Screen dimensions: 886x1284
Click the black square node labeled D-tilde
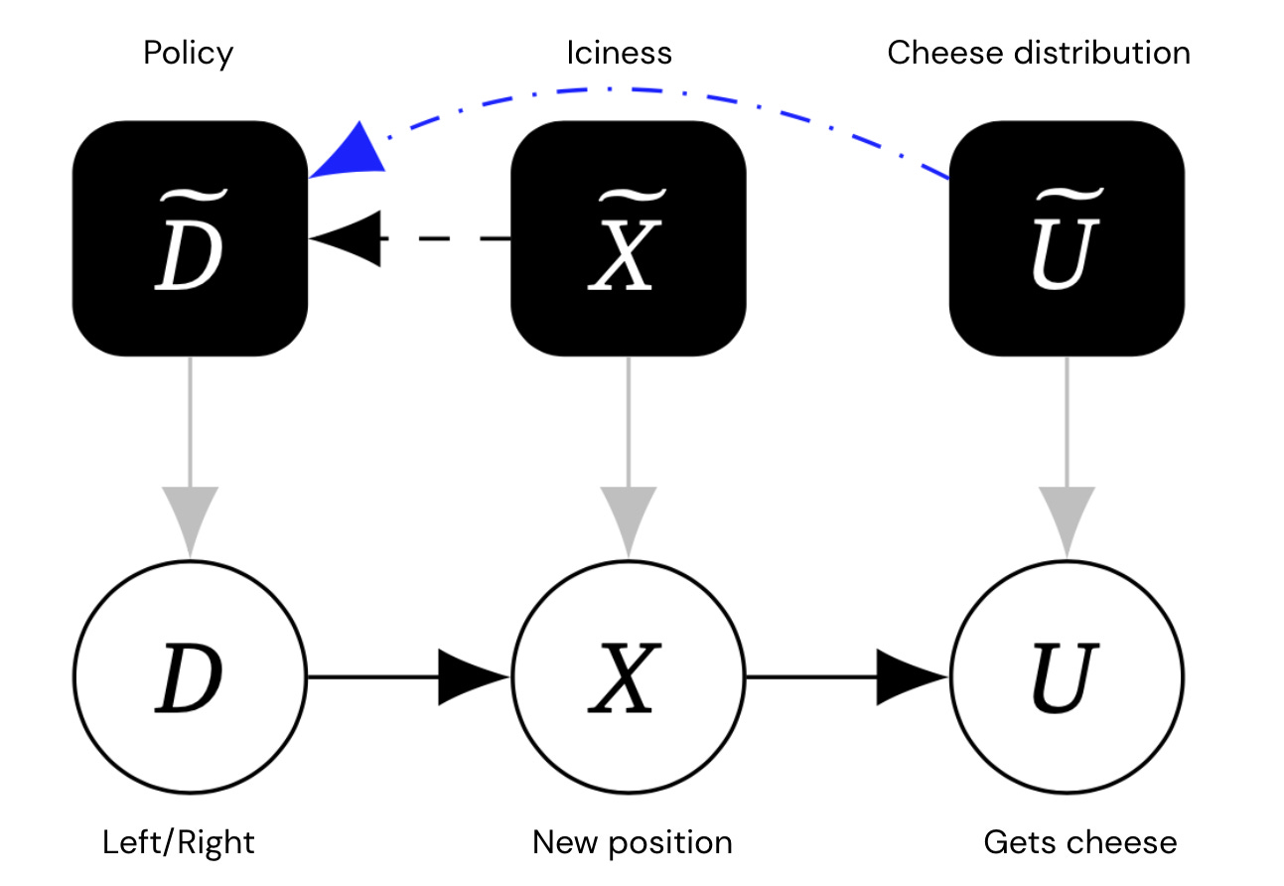[190, 238]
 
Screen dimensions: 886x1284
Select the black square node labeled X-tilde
[628, 238]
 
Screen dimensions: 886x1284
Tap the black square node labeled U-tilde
[1067, 238]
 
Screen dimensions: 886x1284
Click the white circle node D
[190, 677]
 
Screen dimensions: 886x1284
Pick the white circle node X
[628, 677]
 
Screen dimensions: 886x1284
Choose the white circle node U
[1067, 677]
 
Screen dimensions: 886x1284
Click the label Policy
[188, 53]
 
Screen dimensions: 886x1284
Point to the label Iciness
[619, 53]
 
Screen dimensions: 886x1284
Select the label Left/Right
[179, 843]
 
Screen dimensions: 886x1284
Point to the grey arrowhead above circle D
[190, 519]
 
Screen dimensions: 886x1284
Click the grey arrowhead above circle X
[628, 519]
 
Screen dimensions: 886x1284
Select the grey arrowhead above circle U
[1067, 519]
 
